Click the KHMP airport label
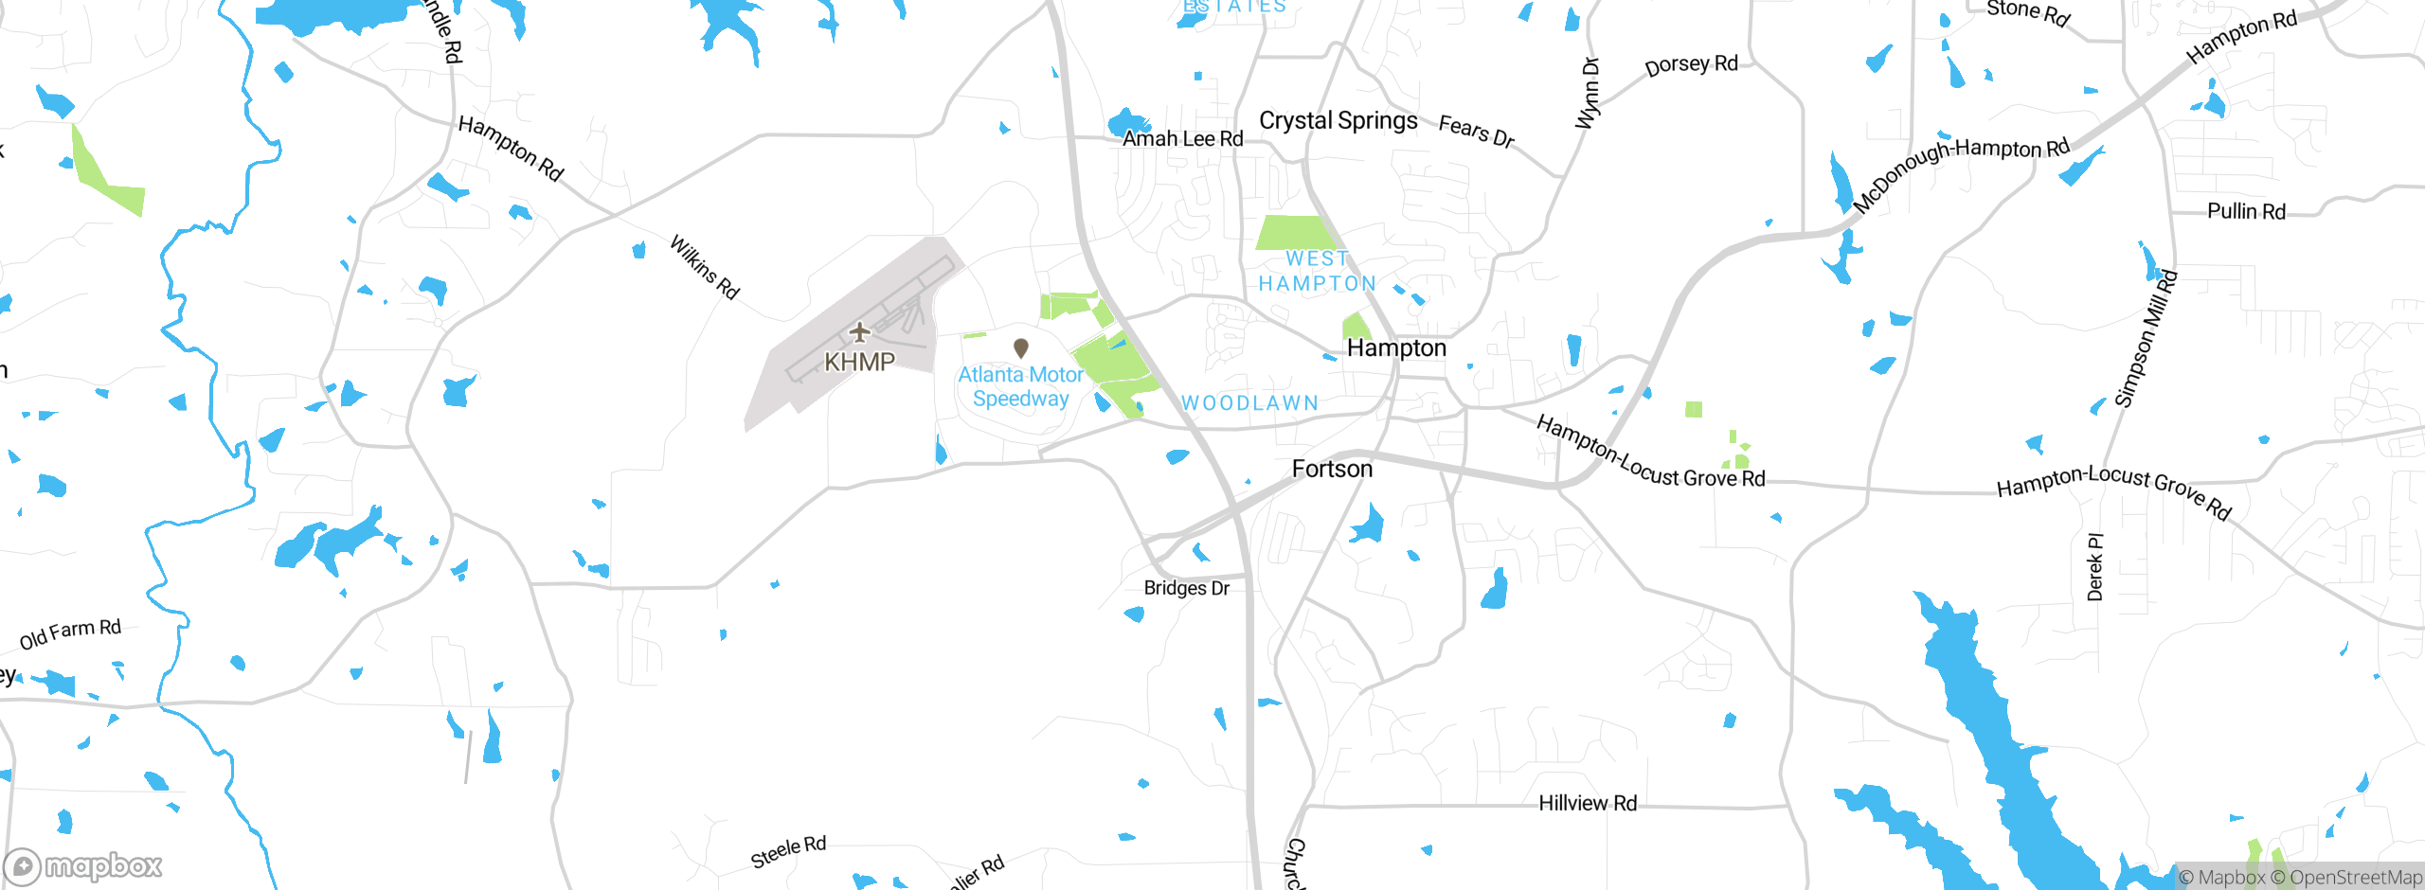pos(859,362)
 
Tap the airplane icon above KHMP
pos(859,332)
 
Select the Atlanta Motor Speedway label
pos(1020,386)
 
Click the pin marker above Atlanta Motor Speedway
pos(1021,348)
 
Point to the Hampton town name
pos(1396,347)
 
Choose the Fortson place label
pos(1332,469)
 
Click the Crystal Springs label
pos(1338,120)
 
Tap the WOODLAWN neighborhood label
pos(1249,403)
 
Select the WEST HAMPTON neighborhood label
pos(1318,271)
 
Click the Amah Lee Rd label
pos(1182,138)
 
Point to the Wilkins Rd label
pos(705,267)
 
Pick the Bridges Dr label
pos(1186,588)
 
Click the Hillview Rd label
pos(1588,803)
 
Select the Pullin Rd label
pos(2246,211)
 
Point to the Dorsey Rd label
pos(1691,65)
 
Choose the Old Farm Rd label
pos(70,633)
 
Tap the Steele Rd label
pos(788,851)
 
